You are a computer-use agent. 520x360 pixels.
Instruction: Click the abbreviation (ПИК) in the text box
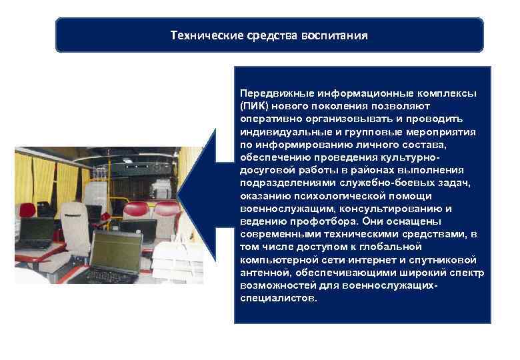(253, 105)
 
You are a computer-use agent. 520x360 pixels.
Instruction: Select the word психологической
(325, 195)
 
